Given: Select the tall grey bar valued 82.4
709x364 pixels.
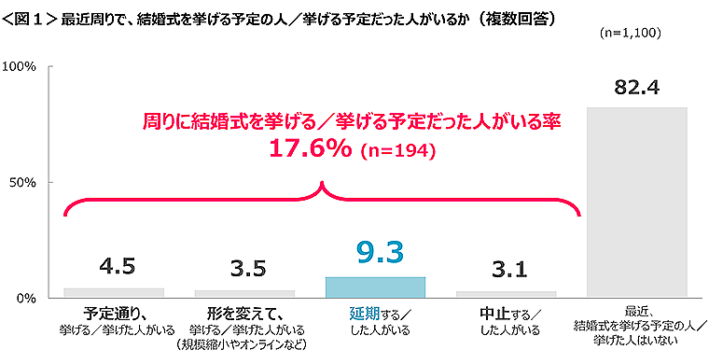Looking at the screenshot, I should [x=637, y=202].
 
